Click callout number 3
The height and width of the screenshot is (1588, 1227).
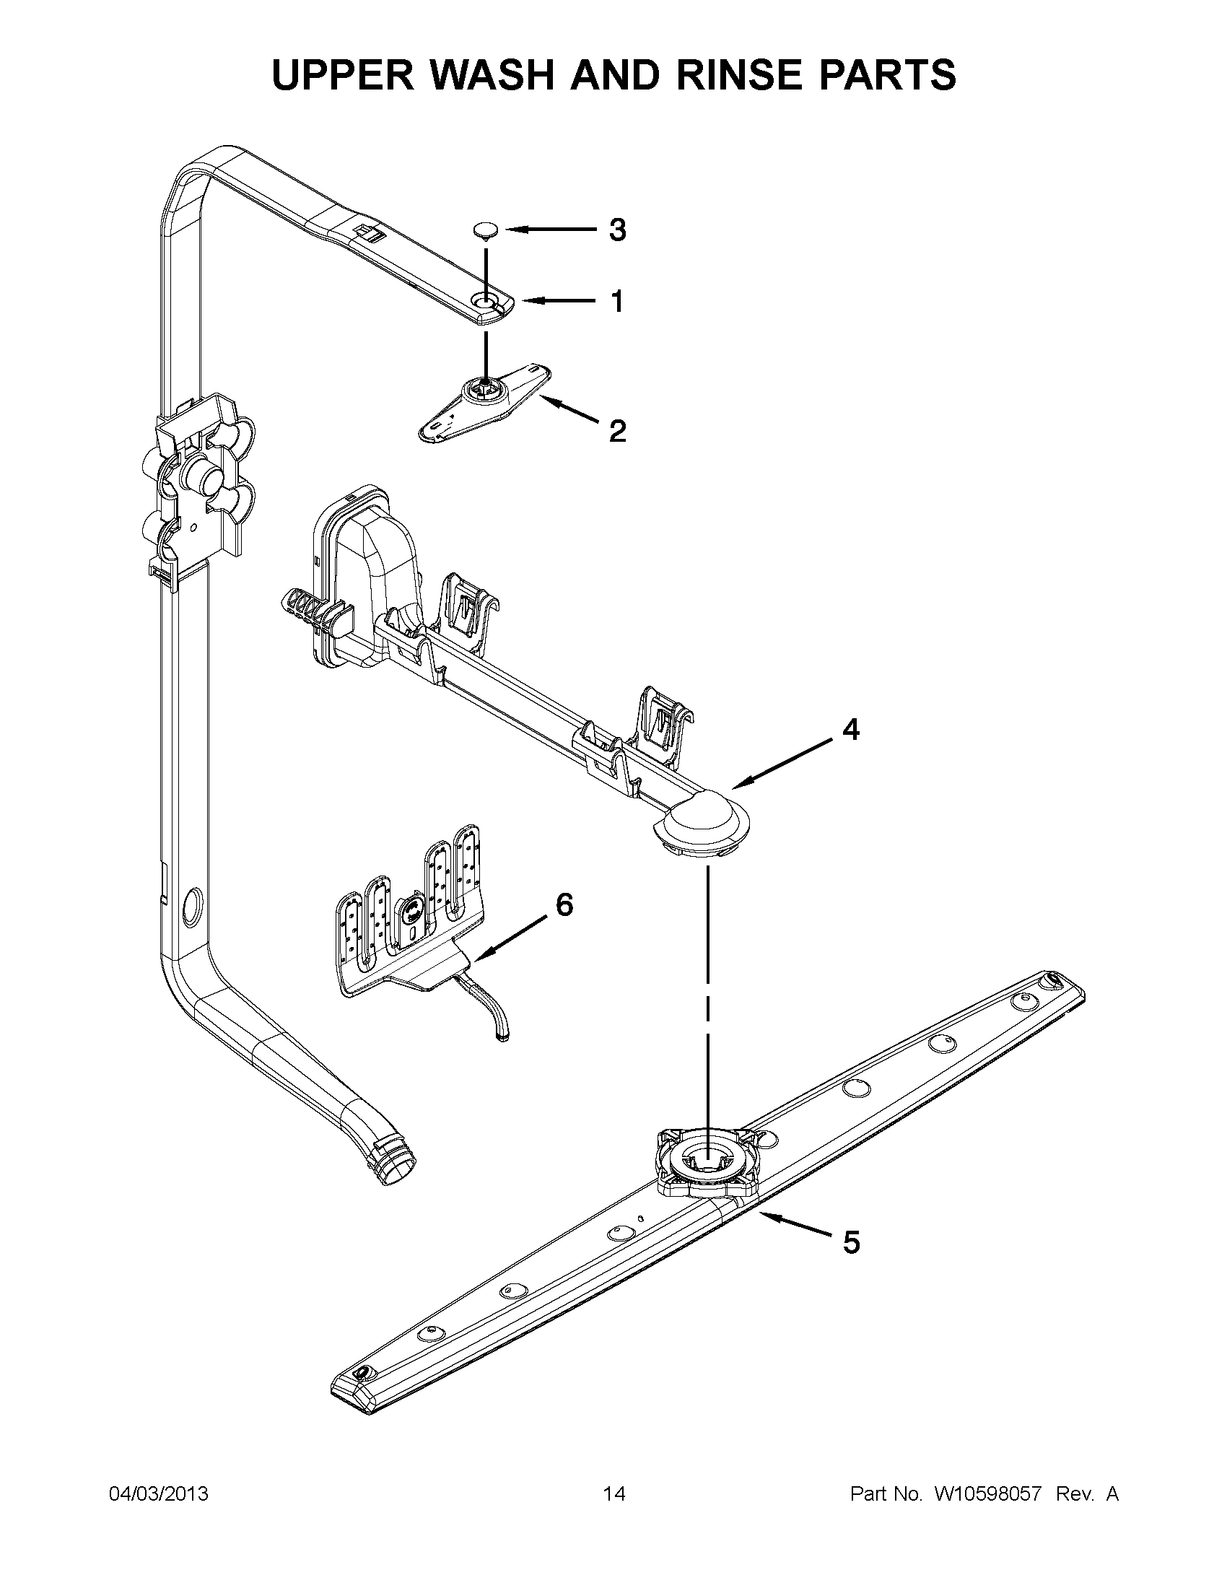click(616, 230)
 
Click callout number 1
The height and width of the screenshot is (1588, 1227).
click(616, 301)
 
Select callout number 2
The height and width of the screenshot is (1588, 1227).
click(616, 431)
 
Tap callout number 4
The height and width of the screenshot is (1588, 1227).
click(850, 729)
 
